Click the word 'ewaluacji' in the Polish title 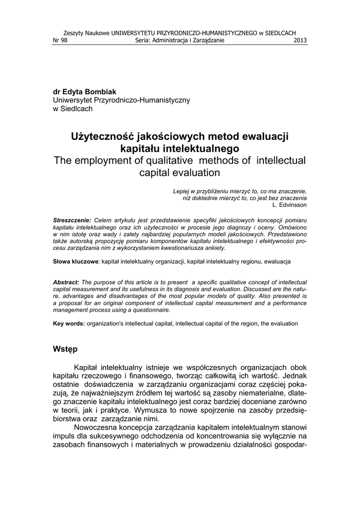265,136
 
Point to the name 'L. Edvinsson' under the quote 290,204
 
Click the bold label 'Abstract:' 66,282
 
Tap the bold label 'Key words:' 69,323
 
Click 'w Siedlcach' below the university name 72,109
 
